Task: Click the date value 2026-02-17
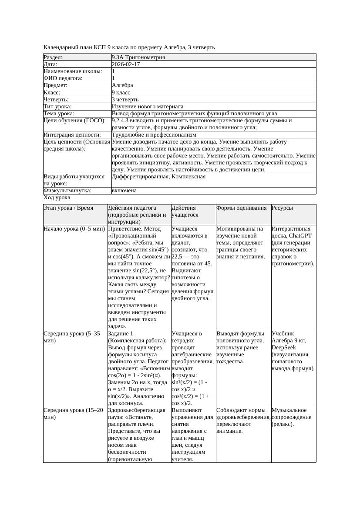[126, 64]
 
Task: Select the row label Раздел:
[53, 57]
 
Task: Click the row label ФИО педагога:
[63, 78]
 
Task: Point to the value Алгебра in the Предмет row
[122, 85]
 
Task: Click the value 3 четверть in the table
[124, 99]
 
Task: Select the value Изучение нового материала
[148, 106]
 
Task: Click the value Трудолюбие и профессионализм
[154, 135]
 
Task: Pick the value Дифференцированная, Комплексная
[158, 177]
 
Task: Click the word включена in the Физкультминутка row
[124, 191]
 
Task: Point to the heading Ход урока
[57, 198]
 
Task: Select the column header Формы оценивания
[242, 208]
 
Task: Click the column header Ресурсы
[282, 208]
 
